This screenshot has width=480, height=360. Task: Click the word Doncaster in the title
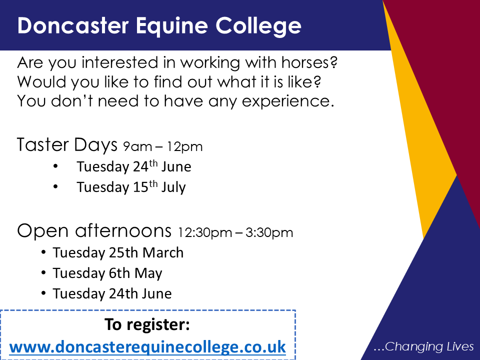click(73, 25)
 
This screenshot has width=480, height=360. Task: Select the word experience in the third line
click(288, 101)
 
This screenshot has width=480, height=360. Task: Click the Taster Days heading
click(67, 145)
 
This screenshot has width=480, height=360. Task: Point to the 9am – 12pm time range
click(163, 147)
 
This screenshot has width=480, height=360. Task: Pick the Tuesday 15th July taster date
click(131, 187)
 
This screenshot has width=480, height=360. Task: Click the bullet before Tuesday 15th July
click(55, 186)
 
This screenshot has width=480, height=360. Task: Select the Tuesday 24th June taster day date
click(134, 166)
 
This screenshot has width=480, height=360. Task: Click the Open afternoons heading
click(94, 231)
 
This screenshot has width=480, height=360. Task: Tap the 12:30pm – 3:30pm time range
click(235, 232)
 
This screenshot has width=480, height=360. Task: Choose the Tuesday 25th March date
click(118, 253)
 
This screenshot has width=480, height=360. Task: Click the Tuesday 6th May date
click(107, 273)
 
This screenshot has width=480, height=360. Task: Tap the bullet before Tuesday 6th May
click(43, 273)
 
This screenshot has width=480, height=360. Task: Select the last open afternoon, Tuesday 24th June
click(112, 293)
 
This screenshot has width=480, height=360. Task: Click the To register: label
click(147, 324)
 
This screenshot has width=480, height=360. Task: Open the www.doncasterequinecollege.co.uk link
click(147, 347)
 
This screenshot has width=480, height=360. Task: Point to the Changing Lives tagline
click(423, 346)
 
